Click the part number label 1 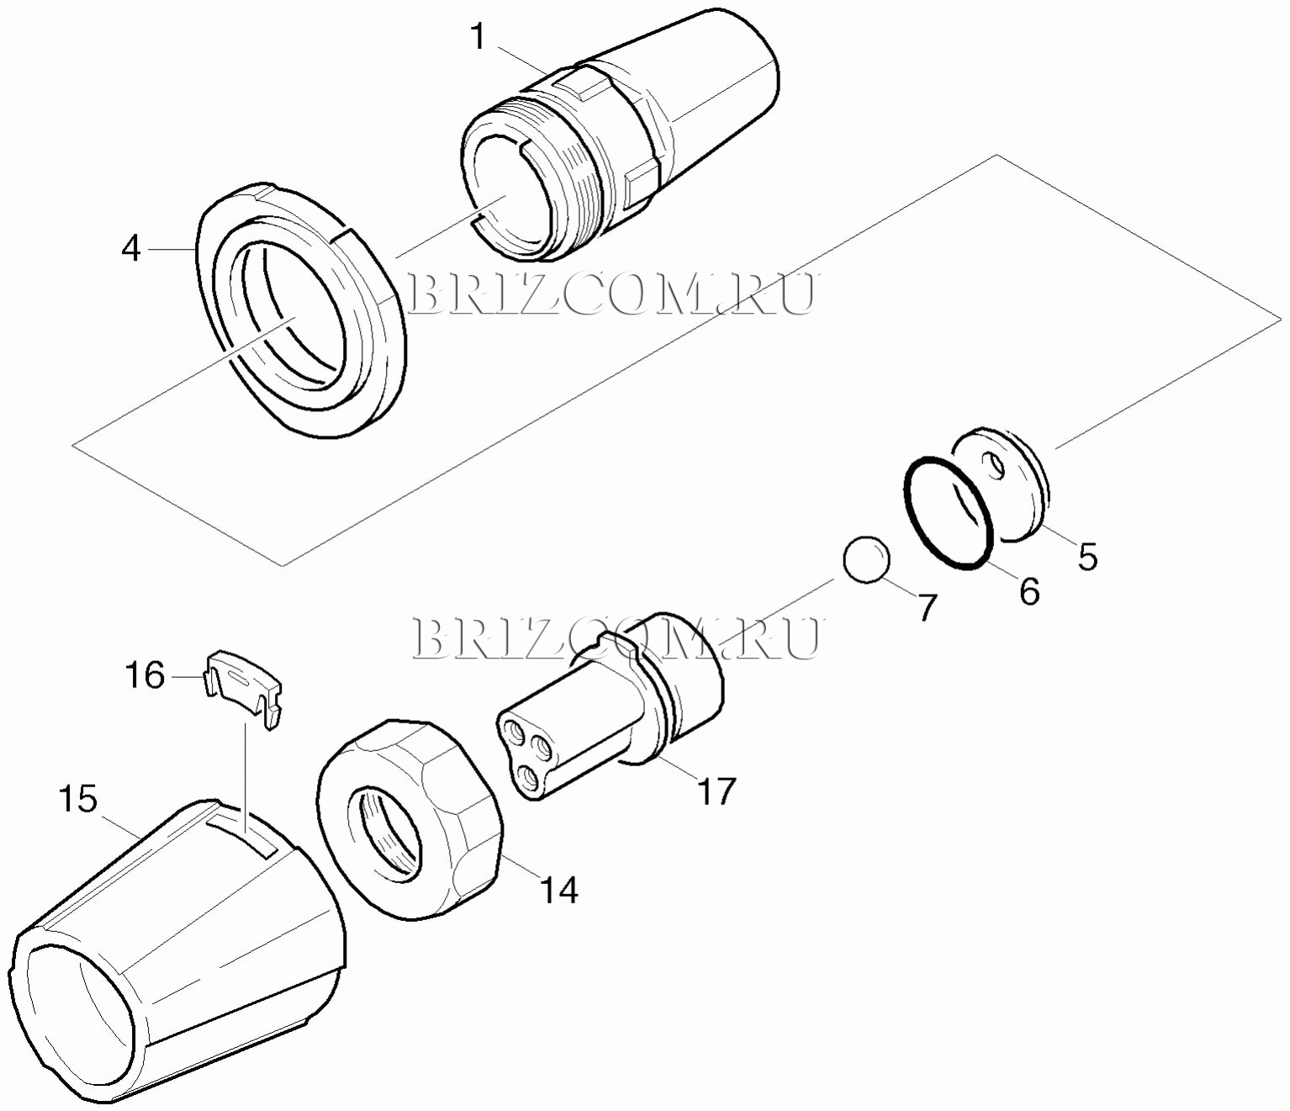click(478, 38)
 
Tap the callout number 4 click(131, 250)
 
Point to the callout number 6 click(1028, 590)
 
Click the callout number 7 click(926, 607)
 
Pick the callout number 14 click(558, 890)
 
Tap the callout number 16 click(145, 675)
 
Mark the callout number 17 click(716, 791)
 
